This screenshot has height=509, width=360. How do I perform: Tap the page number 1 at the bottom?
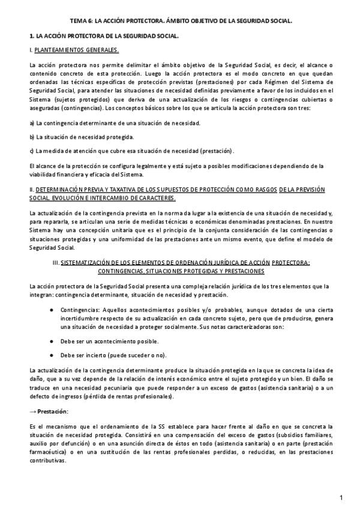point(340,498)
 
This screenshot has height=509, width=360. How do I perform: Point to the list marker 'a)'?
point(32,122)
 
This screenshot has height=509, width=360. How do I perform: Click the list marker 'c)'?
point(32,151)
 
